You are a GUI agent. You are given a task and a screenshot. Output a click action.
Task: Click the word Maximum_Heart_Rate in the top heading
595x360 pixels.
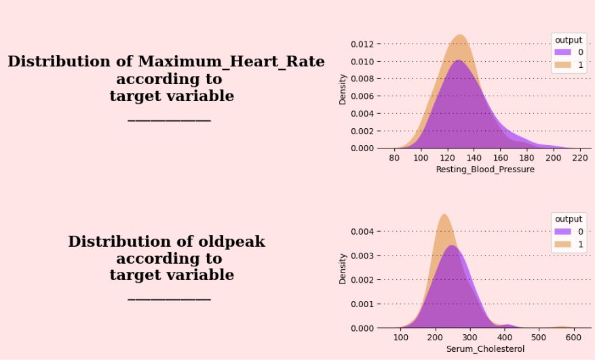coord(231,62)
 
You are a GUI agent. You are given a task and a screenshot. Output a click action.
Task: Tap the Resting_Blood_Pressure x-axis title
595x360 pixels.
coord(485,169)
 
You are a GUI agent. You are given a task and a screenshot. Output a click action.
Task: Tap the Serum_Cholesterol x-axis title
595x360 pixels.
coord(485,349)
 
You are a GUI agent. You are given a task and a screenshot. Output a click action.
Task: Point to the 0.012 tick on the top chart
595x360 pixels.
coord(362,44)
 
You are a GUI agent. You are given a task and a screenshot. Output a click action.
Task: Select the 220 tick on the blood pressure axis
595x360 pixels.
coord(580,157)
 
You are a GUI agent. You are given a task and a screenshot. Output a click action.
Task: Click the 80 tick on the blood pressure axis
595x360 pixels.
coord(394,157)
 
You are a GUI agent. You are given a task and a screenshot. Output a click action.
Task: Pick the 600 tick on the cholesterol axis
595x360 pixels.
coord(573,337)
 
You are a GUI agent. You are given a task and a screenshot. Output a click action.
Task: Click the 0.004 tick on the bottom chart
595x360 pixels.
coord(362,231)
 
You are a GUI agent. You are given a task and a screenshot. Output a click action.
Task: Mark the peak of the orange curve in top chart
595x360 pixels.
coord(460,35)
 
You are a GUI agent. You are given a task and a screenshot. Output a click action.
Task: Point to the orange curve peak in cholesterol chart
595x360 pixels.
coord(443,215)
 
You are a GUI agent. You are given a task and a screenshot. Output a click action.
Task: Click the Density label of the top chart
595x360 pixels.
coord(343,89)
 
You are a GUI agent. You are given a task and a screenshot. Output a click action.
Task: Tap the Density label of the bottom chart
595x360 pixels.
coord(343,268)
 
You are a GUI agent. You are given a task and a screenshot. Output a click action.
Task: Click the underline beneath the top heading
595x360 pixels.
coord(169,120)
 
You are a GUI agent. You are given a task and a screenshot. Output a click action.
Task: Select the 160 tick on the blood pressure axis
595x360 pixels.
coord(501,157)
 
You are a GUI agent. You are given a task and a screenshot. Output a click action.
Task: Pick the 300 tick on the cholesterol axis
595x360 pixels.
coord(469,337)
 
